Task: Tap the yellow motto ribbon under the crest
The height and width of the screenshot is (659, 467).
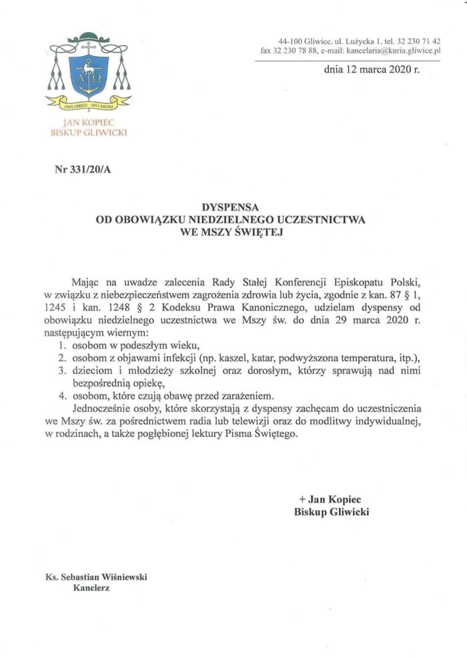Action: [88, 104]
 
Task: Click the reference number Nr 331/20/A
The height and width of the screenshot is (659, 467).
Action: [83, 169]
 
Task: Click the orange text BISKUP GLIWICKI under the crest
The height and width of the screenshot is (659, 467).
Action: [88, 132]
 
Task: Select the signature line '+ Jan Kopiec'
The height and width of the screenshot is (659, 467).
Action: [331, 499]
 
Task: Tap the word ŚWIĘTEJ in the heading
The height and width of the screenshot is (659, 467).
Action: [259, 233]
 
